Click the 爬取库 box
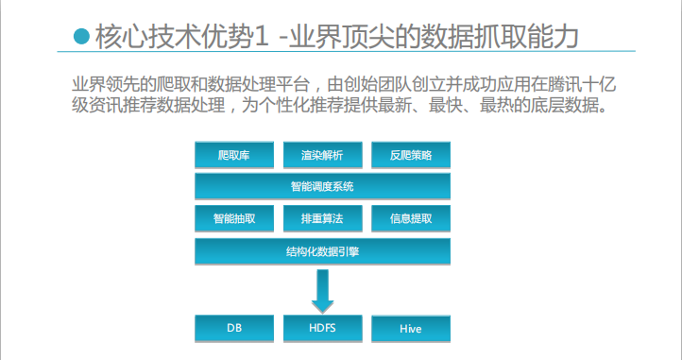tap(234, 155)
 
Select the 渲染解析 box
tap(321, 155)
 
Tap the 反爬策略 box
tap(410, 155)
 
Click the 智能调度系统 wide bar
tap(322, 186)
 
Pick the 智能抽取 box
tap(234, 218)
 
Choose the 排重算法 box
tap(321, 218)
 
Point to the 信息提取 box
tap(410, 218)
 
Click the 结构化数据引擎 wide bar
tap(322, 251)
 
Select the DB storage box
tap(234, 328)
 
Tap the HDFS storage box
tap(321, 328)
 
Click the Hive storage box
tap(410, 329)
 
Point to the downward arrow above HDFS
tap(322, 290)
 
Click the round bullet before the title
tap(81, 37)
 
